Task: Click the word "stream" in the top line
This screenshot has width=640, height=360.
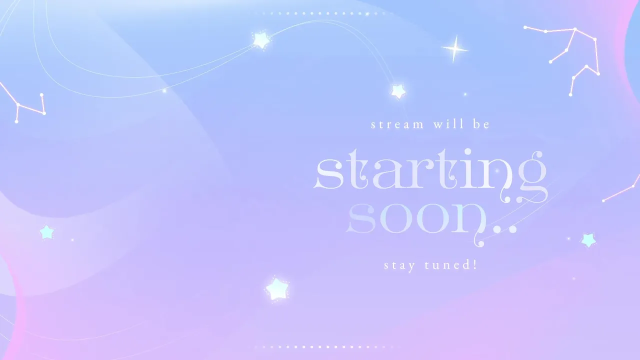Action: pyautogui.click(x=397, y=125)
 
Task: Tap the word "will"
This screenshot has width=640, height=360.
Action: pyautogui.click(x=448, y=124)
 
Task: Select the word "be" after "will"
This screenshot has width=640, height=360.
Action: pyautogui.click(x=481, y=124)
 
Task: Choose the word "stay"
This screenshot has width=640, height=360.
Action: pyautogui.click(x=399, y=265)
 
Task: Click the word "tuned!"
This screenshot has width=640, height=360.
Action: pyautogui.click(x=451, y=264)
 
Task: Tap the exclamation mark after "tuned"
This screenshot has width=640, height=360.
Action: pyautogui.click(x=475, y=264)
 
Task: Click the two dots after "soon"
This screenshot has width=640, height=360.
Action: pyautogui.click(x=505, y=229)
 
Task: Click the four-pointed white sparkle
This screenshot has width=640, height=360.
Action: pyautogui.click(x=455, y=49)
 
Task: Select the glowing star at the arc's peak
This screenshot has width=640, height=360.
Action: pyautogui.click(x=261, y=40)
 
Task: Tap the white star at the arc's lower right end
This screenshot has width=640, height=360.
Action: pyautogui.click(x=398, y=91)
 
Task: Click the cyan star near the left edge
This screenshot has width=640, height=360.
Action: pyautogui.click(x=46, y=232)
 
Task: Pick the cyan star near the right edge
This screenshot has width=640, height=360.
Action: pyautogui.click(x=588, y=239)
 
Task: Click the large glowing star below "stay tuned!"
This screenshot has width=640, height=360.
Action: pyautogui.click(x=277, y=289)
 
